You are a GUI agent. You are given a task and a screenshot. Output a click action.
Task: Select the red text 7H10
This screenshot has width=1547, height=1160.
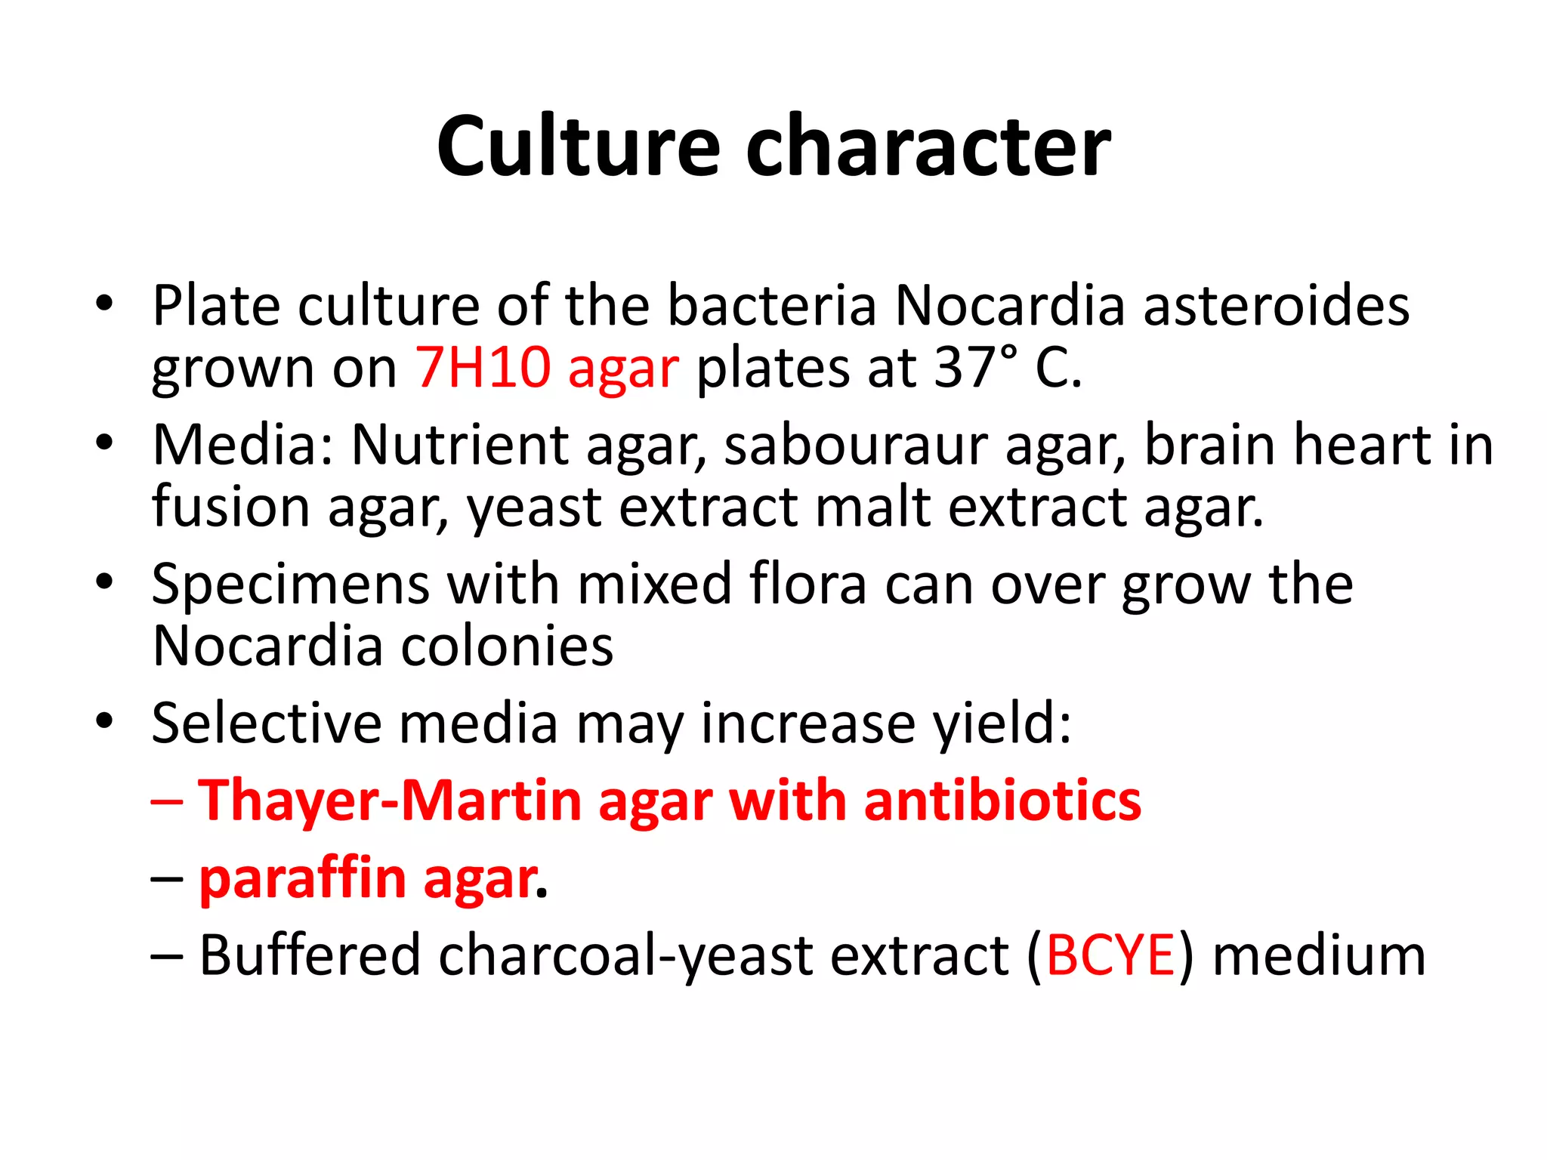click(x=483, y=368)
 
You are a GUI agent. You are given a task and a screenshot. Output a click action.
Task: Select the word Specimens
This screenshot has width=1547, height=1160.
click(x=291, y=585)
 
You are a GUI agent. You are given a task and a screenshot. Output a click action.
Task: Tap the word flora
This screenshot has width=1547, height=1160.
click(x=808, y=585)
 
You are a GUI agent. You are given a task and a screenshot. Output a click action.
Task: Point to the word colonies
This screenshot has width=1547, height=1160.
click(x=506, y=647)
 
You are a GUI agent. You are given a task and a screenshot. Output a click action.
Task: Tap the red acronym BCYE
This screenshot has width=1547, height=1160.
click(x=1110, y=956)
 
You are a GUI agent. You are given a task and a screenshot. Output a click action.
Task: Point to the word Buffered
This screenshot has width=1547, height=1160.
click(x=310, y=956)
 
